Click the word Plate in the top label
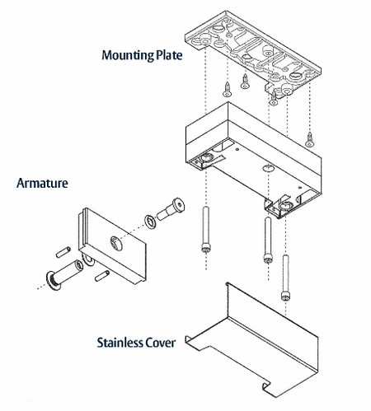point(169,55)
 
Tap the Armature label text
point(42,183)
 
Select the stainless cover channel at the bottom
point(252,339)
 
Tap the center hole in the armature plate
point(116,243)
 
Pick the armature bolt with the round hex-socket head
point(171,209)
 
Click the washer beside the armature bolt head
point(150,222)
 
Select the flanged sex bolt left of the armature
point(65,275)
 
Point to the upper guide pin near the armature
point(63,252)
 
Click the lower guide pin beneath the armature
point(102,276)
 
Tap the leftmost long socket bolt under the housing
point(206,229)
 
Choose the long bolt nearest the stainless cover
point(285,278)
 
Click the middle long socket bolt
point(268,240)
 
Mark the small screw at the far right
point(310,139)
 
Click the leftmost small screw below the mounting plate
point(227,89)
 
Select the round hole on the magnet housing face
point(269,168)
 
